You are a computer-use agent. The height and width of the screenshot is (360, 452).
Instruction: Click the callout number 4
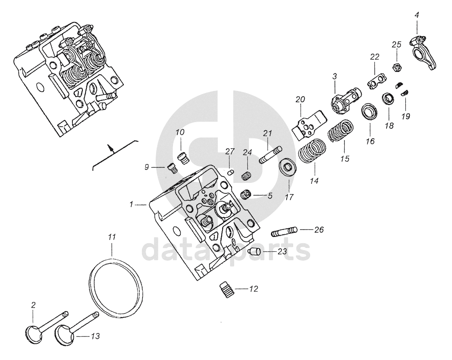pyautogui.click(x=417, y=15)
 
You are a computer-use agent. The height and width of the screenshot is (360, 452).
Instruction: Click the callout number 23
pyautogui.click(x=282, y=251)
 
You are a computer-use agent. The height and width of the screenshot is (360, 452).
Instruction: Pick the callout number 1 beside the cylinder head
pyautogui.click(x=131, y=204)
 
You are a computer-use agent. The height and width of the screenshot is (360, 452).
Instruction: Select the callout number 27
pyautogui.click(x=230, y=151)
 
